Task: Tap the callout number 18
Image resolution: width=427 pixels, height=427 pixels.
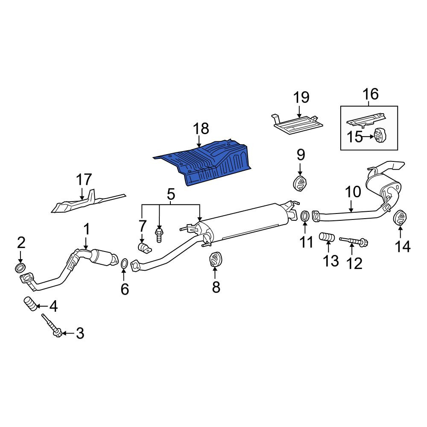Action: [201, 129]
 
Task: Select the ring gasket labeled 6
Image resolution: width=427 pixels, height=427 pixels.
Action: [124, 263]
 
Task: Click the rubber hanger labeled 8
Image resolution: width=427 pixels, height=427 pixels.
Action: [216, 259]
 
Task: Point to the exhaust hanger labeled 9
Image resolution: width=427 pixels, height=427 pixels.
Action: [300, 183]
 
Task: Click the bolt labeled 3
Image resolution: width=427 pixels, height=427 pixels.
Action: [52, 326]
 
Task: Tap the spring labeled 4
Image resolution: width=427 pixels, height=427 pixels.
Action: [30, 304]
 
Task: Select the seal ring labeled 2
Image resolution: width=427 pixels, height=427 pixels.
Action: [20, 268]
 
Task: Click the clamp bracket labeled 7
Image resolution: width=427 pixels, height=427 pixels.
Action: [144, 247]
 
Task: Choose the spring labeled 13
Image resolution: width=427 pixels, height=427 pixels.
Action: [327, 237]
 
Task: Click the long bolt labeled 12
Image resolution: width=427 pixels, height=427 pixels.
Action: [354, 241]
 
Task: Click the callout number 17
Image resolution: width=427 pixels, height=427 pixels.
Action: [84, 180]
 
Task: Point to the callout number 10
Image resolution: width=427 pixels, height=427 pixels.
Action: [353, 192]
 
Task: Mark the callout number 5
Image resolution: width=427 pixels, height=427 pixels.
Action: [170, 195]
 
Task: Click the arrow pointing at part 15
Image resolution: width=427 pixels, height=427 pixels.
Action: [369, 137]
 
